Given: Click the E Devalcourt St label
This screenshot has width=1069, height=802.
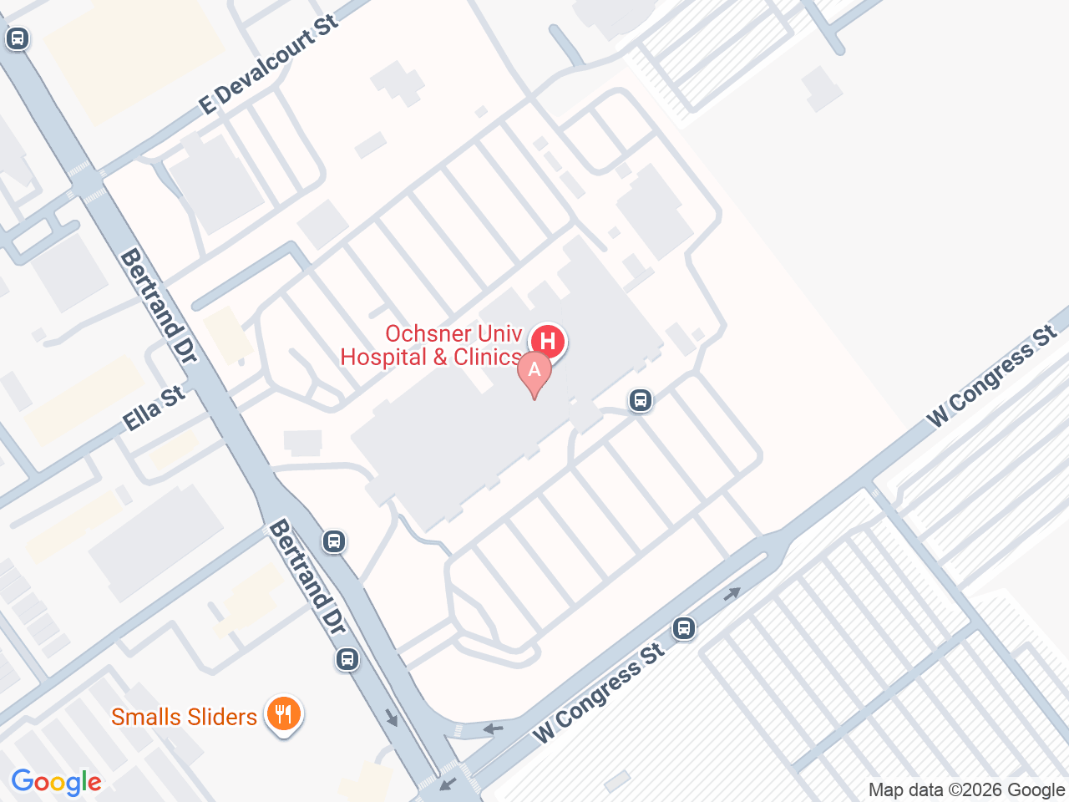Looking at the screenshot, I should pyautogui.click(x=269, y=64).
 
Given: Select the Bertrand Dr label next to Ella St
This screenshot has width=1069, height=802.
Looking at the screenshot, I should pyautogui.click(x=158, y=306).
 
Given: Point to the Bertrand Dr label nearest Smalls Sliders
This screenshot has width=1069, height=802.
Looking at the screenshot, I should pyautogui.click(x=307, y=576).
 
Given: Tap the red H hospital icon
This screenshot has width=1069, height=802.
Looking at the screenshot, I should pyautogui.click(x=548, y=341).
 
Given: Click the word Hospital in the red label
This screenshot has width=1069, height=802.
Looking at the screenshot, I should pyautogui.click(x=382, y=358).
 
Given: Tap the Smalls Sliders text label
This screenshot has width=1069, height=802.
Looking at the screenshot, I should pyautogui.click(x=184, y=717).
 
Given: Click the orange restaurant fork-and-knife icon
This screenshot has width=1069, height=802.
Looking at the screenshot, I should pyautogui.click(x=284, y=715).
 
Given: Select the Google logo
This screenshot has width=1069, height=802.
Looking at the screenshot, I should pyautogui.click(x=56, y=783).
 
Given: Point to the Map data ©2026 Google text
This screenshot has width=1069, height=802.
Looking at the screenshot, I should pyautogui.click(x=966, y=789).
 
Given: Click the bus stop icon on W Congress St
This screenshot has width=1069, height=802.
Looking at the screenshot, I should pyautogui.click(x=684, y=627).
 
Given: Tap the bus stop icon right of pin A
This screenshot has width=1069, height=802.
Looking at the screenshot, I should pyautogui.click(x=641, y=400).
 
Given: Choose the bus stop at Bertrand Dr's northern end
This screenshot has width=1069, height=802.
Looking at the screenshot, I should pyautogui.click(x=18, y=38).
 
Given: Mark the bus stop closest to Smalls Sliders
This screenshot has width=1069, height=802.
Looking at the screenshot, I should pyautogui.click(x=347, y=659).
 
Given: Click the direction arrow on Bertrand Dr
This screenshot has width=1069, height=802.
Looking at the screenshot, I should pyautogui.click(x=391, y=718).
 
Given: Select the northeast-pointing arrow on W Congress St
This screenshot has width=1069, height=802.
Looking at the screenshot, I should pyautogui.click(x=732, y=594).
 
